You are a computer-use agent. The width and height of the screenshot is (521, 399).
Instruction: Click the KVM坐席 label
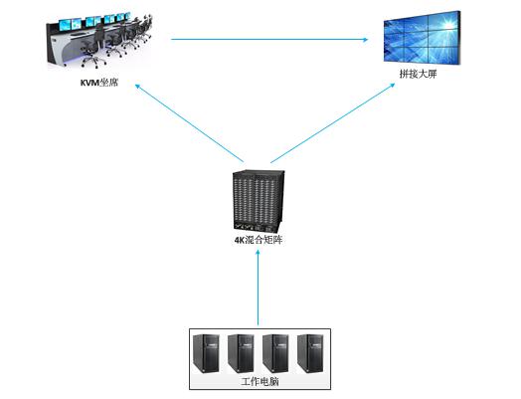pyautogui.click(x=99, y=83)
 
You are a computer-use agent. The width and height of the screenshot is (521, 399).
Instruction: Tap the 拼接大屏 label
pyautogui.click(x=418, y=74)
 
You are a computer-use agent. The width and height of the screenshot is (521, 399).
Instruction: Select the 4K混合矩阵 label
pyautogui.click(x=259, y=240)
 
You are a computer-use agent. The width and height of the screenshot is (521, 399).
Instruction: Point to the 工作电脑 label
pyautogui.click(x=260, y=381)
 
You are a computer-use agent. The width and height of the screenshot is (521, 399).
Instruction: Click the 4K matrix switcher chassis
pyautogui.click(x=259, y=202)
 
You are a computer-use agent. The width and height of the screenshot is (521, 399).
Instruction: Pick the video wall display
pyautogui.click(x=422, y=37)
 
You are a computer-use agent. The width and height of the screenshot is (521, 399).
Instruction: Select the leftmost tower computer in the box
pyautogui.click(x=206, y=353)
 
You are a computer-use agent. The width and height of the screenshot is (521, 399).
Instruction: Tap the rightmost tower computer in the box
pyautogui.click(x=310, y=353)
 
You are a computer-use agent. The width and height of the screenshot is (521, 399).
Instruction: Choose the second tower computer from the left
pyautogui.click(x=241, y=353)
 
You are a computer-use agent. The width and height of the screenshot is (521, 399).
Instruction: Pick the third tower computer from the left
pyautogui.click(x=275, y=353)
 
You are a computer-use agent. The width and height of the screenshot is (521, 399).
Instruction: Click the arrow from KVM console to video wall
pyautogui.click(x=269, y=39)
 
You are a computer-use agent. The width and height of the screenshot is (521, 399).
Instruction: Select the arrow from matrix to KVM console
pyautogui.click(x=189, y=123)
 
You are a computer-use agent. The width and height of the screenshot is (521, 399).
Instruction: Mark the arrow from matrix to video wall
pyautogui.click(x=333, y=123)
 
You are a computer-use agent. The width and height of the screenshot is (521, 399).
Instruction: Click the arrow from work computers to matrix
pyautogui.click(x=258, y=288)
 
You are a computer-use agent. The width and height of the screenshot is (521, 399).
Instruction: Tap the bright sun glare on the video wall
pyautogui.click(x=446, y=24)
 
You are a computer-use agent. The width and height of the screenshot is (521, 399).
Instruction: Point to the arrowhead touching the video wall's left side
pyautogui.click(x=366, y=39)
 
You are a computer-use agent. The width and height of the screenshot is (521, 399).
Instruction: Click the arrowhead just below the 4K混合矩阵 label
pyautogui.click(x=258, y=252)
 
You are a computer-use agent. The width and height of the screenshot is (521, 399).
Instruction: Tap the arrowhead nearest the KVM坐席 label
pyautogui.click(x=137, y=86)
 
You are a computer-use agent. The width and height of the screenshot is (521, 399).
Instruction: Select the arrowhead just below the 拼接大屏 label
pyautogui.click(x=392, y=86)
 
